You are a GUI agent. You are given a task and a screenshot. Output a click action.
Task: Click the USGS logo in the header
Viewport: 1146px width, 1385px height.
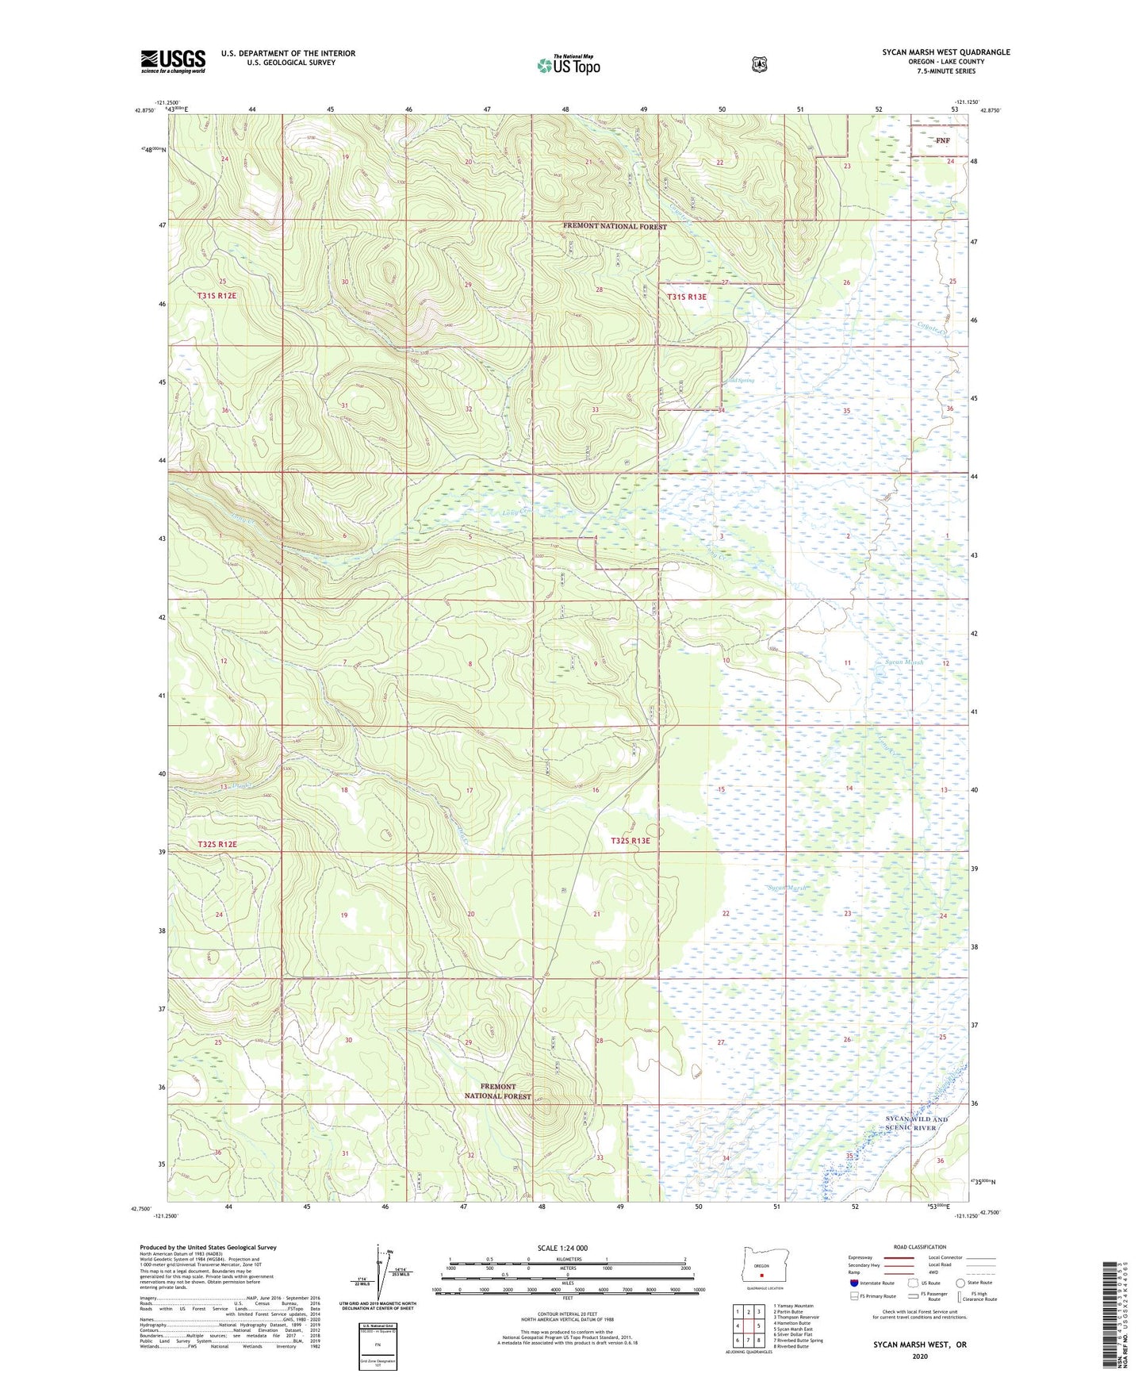[173, 61]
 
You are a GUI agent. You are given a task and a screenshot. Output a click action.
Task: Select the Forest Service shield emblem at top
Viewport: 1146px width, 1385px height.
[759, 63]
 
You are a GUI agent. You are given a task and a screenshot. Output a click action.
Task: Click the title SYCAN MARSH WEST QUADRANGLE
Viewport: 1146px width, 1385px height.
[945, 52]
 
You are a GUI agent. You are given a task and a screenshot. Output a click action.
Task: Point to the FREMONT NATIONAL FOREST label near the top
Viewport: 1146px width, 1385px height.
[615, 226]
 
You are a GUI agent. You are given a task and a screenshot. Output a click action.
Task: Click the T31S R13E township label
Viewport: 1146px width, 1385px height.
[687, 297]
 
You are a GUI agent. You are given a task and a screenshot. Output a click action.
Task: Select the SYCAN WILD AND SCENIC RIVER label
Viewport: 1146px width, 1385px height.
[916, 1123]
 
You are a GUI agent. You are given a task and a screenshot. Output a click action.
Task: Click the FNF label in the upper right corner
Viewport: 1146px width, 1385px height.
[941, 140]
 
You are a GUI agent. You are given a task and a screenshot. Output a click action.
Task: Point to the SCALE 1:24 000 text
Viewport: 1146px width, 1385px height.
[562, 1248]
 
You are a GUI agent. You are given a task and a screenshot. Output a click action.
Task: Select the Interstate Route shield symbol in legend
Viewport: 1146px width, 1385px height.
[853, 1283]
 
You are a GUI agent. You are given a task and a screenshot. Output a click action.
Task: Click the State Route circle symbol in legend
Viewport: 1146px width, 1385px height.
[960, 1283]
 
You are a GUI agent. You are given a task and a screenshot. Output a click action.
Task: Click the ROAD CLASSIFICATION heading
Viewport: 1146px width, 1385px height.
[920, 1248]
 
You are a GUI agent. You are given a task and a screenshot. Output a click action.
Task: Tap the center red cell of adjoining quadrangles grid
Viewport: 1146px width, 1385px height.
[748, 1326]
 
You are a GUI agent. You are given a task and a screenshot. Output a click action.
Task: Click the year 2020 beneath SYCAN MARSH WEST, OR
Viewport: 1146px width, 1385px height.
[919, 1356]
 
